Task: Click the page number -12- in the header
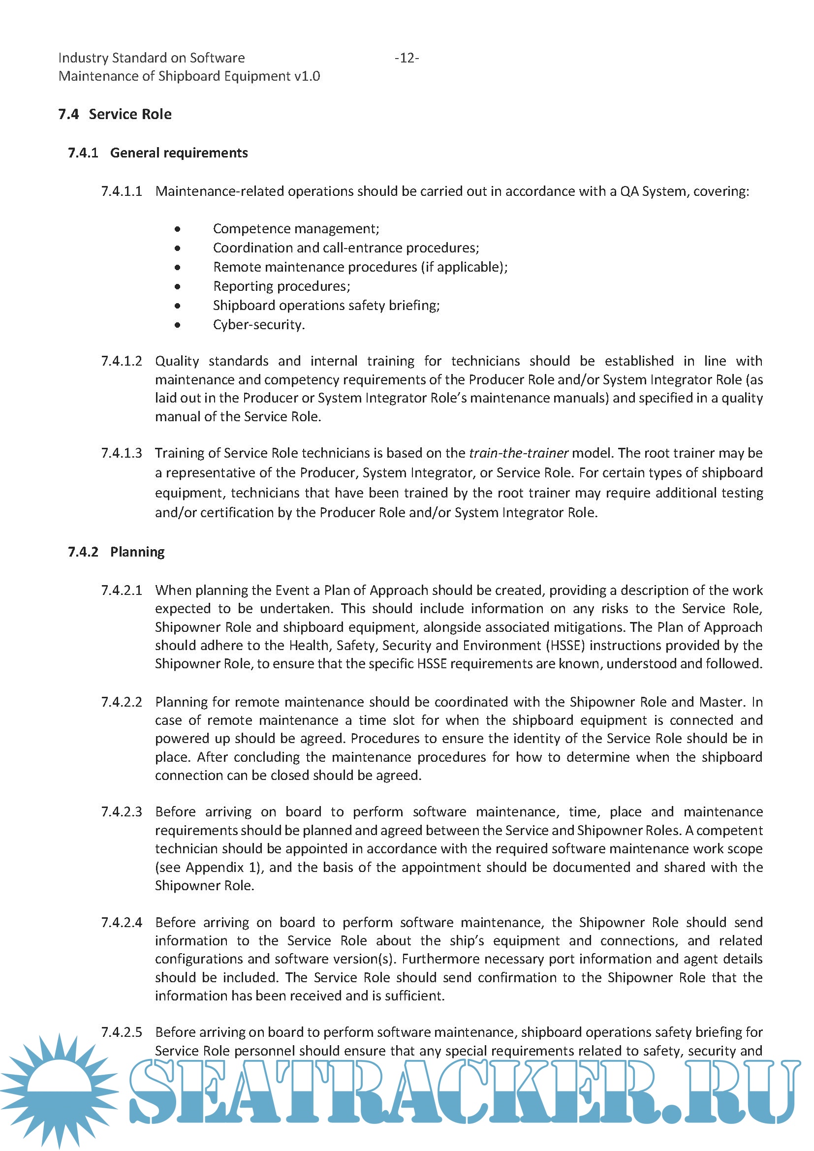tap(407, 58)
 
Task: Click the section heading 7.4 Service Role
tap(115, 114)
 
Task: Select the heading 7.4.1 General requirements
tap(158, 153)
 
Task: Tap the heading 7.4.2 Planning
tap(116, 552)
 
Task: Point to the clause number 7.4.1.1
tap(122, 191)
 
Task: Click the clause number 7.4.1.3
tap(122, 453)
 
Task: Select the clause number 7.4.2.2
tap(122, 702)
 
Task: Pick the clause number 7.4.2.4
tap(122, 922)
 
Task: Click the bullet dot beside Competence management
tap(178, 229)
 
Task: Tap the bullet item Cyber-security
tap(259, 325)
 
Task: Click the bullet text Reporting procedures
tap(281, 286)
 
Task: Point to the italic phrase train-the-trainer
tap(518, 453)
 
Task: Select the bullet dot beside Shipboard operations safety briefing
tap(178, 306)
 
